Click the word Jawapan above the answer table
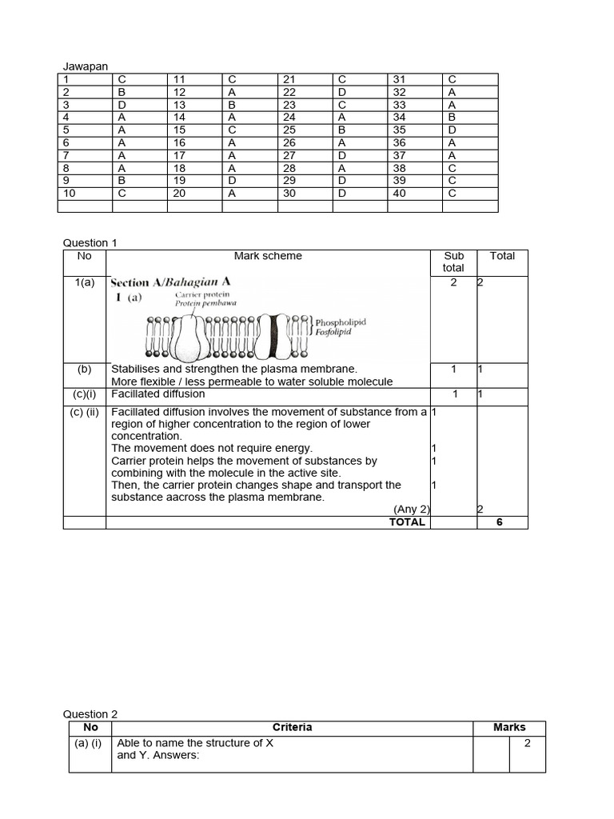coord(85,67)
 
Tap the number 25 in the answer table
coord(289,130)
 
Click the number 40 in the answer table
coord(400,193)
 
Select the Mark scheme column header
coord(268,256)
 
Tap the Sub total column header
coord(453,262)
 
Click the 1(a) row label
coord(85,282)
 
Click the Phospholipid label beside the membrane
coord(341,322)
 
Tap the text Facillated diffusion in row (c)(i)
coord(158,394)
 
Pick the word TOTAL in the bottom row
coord(407,521)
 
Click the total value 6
coord(502,521)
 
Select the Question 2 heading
coord(90,714)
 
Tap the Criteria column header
coord(292,727)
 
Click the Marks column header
coord(509,727)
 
